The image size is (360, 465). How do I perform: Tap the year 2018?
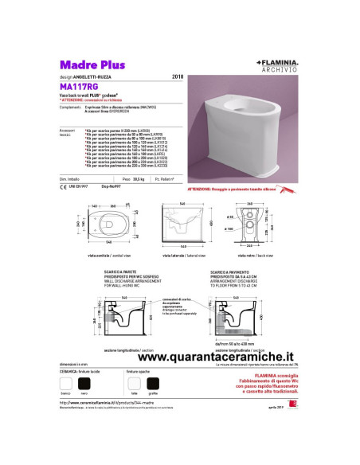178,77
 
